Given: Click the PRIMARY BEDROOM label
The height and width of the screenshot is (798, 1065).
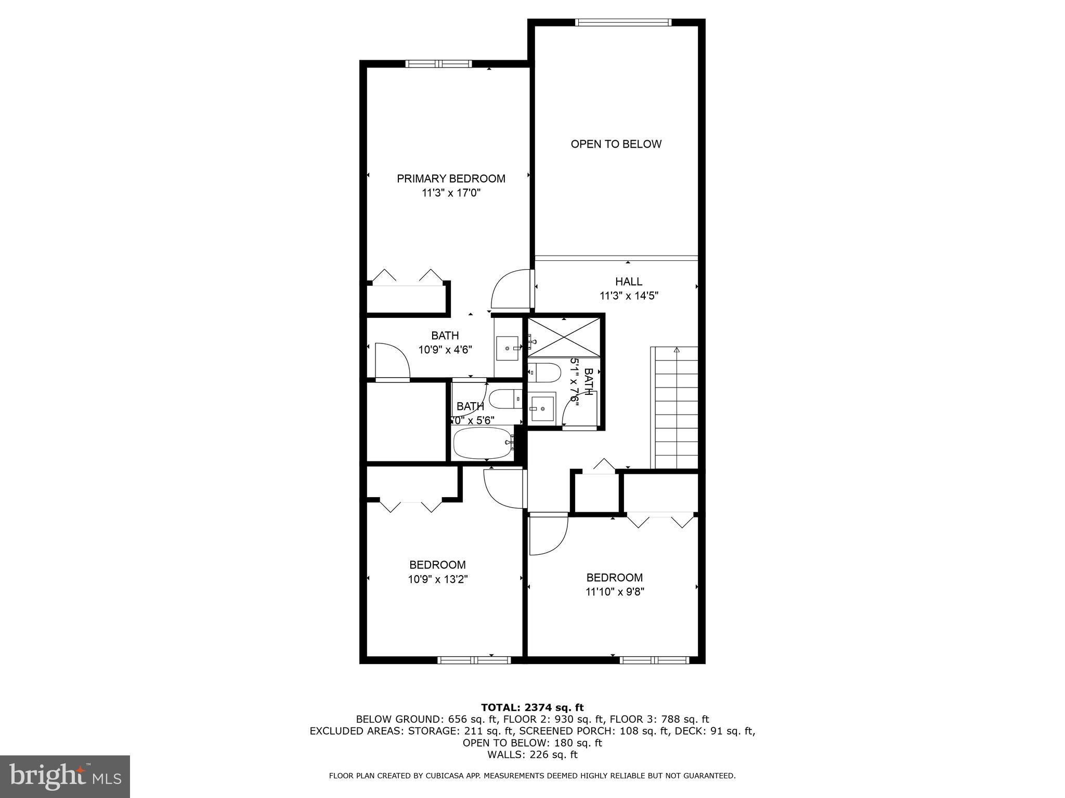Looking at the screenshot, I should point(451,179).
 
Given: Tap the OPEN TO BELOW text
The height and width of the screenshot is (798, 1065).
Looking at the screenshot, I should point(616,144).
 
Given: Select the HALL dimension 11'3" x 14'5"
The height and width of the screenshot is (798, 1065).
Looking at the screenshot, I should point(629,296).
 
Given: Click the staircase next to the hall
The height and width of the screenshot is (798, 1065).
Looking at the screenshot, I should point(676,408).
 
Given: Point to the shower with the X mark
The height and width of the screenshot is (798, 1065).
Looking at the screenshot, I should point(564,338).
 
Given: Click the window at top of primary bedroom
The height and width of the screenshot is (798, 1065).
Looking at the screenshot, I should point(438,64).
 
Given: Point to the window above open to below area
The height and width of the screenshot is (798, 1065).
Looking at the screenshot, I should point(623,22).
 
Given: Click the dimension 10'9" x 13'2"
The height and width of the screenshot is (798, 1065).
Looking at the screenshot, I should point(438,579).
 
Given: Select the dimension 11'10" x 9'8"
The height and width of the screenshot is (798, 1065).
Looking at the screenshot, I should point(615,592).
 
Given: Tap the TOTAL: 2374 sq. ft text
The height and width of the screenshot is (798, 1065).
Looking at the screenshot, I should point(532,707).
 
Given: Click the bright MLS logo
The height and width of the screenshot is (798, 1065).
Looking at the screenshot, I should point(65,776).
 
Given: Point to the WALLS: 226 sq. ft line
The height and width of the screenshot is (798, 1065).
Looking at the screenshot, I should point(532,755).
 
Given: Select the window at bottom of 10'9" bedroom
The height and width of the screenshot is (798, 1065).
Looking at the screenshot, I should point(474,660).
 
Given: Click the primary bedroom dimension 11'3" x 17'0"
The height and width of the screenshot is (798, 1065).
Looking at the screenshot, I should point(450,193).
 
